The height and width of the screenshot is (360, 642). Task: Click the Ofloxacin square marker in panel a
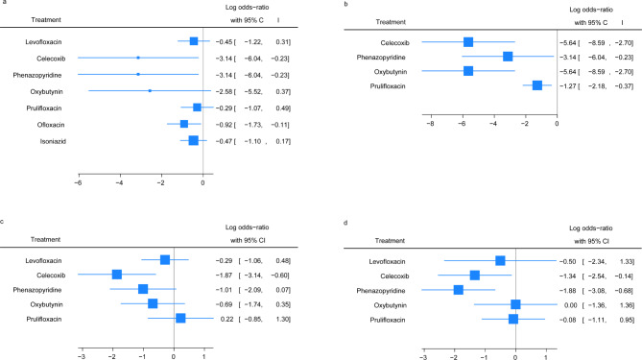tap(184, 124)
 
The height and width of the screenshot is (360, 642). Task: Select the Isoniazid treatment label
tap(53, 141)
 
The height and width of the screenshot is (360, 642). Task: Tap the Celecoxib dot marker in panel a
tap(138, 58)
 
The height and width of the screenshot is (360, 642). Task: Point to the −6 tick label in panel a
tap(78, 182)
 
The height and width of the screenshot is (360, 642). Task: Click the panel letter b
tap(346, 4)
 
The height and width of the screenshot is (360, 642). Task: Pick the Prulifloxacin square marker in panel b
tap(537, 85)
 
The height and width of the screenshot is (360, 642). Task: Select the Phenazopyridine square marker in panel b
tap(508, 57)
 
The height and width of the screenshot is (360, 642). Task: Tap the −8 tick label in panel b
tap(430, 123)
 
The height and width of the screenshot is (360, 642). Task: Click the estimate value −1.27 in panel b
tap(567, 86)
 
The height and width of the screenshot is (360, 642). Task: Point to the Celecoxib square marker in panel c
tap(117, 275)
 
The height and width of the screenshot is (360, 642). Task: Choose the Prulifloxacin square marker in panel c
tap(180, 318)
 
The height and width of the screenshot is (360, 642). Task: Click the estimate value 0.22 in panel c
tap(226, 319)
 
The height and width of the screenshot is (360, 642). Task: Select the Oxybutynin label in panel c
tap(46, 304)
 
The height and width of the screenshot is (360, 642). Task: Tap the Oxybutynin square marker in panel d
tap(515, 304)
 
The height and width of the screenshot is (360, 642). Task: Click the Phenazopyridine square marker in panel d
tap(458, 290)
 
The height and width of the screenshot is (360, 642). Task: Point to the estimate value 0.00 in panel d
tap(570, 305)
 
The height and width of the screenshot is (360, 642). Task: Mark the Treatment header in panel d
tap(390, 240)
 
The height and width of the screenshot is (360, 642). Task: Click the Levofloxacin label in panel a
tap(43, 42)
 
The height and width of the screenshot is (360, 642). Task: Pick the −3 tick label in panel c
tap(82, 357)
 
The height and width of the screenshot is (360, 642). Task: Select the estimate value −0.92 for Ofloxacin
tap(224, 125)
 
